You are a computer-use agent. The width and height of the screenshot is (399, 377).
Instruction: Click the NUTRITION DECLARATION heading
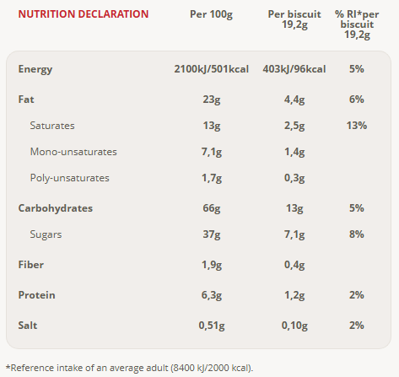(x=84, y=14)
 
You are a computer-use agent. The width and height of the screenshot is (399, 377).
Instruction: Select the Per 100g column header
(x=211, y=14)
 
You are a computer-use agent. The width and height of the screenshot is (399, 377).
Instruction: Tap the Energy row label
(x=35, y=69)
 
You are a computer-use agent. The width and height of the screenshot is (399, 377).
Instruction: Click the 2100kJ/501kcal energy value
(x=212, y=69)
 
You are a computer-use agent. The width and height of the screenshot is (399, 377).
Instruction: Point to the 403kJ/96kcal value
(x=294, y=69)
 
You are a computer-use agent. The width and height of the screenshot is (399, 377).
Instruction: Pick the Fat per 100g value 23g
(x=212, y=100)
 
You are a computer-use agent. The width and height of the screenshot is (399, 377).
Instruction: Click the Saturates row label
(x=52, y=126)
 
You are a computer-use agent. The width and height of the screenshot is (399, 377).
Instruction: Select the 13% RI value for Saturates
(x=357, y=126)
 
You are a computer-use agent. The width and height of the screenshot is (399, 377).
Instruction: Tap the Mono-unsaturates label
(x=73, y=152)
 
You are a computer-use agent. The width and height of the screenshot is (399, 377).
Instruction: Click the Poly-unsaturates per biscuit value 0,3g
(x=294, y=178)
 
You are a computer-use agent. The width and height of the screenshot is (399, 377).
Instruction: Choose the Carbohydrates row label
(x=56, y=208)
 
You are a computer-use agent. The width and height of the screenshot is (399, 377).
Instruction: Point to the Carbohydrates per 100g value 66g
(x=212, y=208)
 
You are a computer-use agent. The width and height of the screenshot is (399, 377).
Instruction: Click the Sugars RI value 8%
(x=357, y=234)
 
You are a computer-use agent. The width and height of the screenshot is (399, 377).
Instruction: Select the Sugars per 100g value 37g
(x=212, y=234)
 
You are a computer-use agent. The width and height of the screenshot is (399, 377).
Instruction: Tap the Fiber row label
(x=31, y=265)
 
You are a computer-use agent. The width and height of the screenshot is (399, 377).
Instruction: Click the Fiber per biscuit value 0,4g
(x=294, y=265)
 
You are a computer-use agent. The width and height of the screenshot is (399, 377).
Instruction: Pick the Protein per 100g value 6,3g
(x=212, y=295)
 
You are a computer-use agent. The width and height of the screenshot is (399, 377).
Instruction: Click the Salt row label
(x=28, y=326)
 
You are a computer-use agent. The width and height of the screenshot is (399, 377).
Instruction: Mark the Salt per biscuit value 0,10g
(x=294, y=326)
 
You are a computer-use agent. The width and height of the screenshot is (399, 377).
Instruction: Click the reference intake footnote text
(x=129, y=368)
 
